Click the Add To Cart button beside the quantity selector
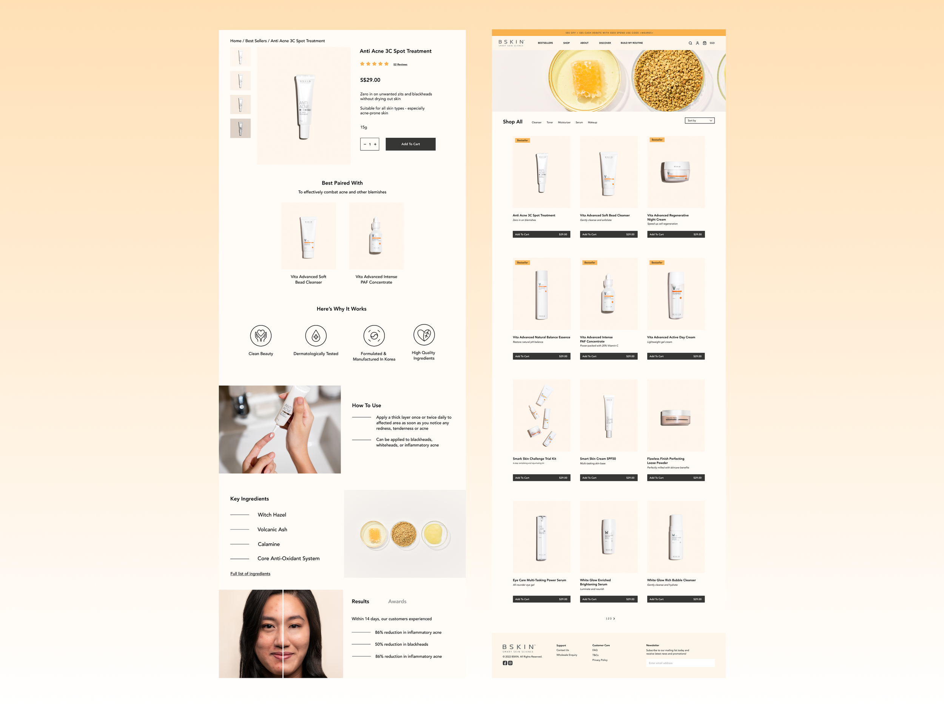coord(410,144)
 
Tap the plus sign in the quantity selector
coord(375,144)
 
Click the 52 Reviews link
coord(400,65)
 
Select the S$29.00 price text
coord(370,80)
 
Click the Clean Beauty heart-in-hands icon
coord(261,336)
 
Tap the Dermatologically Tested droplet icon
coord(316,336)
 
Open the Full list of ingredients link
coord(250,574)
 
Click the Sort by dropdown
coord(699,121)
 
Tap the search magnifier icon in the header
coord(690,43)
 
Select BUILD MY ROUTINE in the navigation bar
coord(632,43)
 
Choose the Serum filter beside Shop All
coord(579,122)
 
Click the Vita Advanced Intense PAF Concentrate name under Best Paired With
coord(376,279)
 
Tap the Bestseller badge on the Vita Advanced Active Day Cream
coord(657,263)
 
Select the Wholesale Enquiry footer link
coord(566,655)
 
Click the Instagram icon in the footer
coord(510,663)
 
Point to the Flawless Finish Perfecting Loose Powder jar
coord(675,418)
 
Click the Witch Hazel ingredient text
coord(272,515)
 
